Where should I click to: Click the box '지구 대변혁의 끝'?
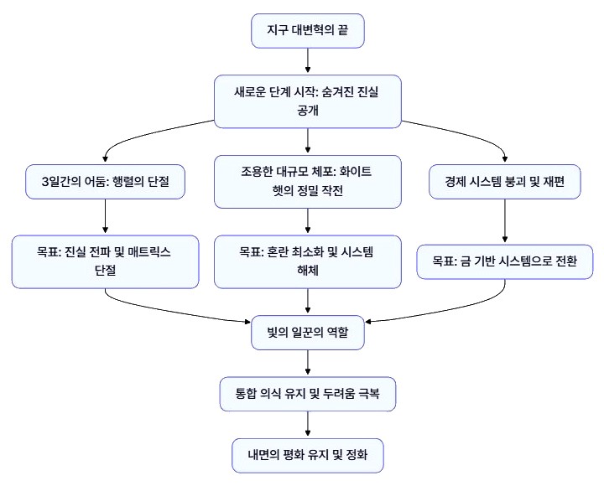coord(308,31)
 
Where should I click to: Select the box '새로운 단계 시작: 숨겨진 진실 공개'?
coord(308,102)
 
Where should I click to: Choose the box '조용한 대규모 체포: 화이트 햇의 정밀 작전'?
coord(308,181)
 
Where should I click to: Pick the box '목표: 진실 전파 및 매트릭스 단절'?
coord(106,261)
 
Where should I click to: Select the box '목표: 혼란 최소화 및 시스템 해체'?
coord(308,261)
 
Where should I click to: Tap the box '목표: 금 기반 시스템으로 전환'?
coord(504,261)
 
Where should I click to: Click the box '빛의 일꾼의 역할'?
coord(308,333)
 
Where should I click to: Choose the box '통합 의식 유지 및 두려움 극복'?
coord(308,392)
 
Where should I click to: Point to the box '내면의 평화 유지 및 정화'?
coord(308,457)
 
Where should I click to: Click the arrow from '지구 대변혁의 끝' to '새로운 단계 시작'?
coord(308,61)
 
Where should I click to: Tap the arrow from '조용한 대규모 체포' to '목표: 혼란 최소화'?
coord(308,221)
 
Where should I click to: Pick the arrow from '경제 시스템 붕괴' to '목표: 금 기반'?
coord(504,222)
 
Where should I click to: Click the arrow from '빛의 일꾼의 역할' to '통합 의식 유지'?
coord(308,362)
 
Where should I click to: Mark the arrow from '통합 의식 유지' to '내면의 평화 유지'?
coord(308,425)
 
